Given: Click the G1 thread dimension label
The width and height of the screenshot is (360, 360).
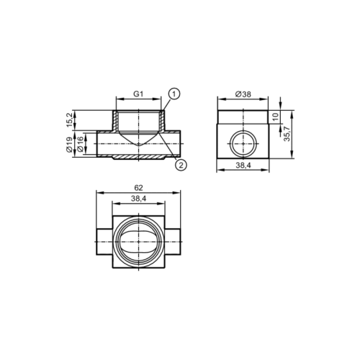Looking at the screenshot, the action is point(138,94).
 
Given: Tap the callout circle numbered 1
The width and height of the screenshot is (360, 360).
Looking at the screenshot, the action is point(174,94).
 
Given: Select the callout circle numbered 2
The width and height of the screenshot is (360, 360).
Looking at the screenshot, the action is point(181,165).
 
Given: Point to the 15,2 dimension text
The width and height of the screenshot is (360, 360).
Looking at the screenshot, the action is point(70,120).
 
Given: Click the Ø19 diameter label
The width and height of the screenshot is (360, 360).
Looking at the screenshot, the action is point(69,145).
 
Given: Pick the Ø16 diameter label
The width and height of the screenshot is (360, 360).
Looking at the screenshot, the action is point(81,144).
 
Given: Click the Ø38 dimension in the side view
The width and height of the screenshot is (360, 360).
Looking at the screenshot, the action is point(243,94).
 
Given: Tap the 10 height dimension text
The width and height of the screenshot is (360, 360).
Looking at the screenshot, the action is point(276,117).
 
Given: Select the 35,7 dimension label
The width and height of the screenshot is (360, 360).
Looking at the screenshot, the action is point(287,133).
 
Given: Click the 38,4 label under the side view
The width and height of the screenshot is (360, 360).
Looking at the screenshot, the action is point(243,165).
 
